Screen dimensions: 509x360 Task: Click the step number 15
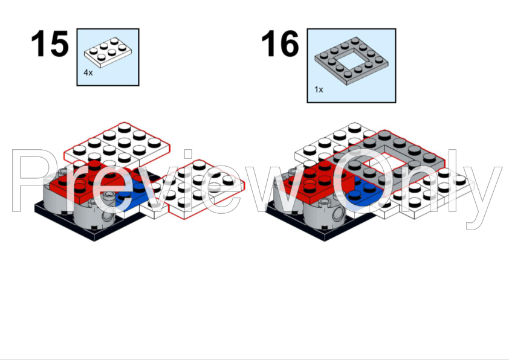point(50,43)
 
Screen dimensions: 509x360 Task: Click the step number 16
point(280,43)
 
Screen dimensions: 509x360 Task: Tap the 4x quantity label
point(88,72)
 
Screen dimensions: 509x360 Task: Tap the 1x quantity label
point(319,89)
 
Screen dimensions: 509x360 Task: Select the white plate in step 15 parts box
point(108,53)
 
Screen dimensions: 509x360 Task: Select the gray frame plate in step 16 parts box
point(351,61)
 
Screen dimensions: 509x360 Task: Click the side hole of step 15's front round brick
point(108,217)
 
